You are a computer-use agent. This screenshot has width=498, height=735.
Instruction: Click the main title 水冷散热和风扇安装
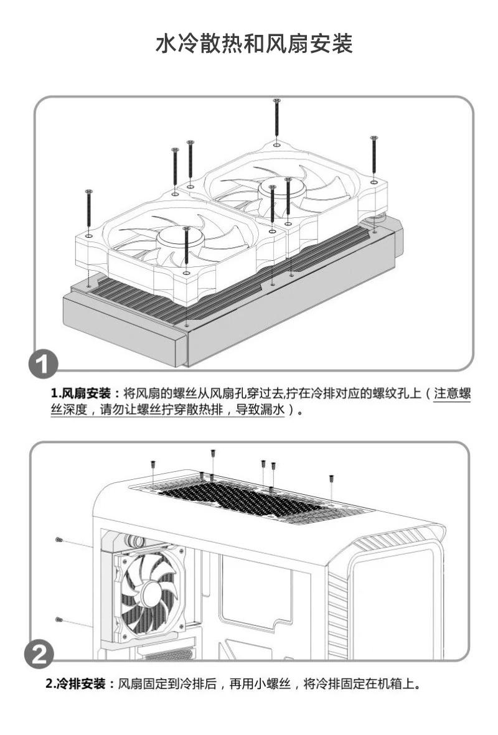(253, 45)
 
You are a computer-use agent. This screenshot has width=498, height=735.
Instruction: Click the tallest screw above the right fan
(276, 121)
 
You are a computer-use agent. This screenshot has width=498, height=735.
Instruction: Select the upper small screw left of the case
(59, 539)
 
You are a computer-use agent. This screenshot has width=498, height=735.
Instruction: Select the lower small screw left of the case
(59, 619)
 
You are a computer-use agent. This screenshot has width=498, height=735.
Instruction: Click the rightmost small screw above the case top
(331, 479)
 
